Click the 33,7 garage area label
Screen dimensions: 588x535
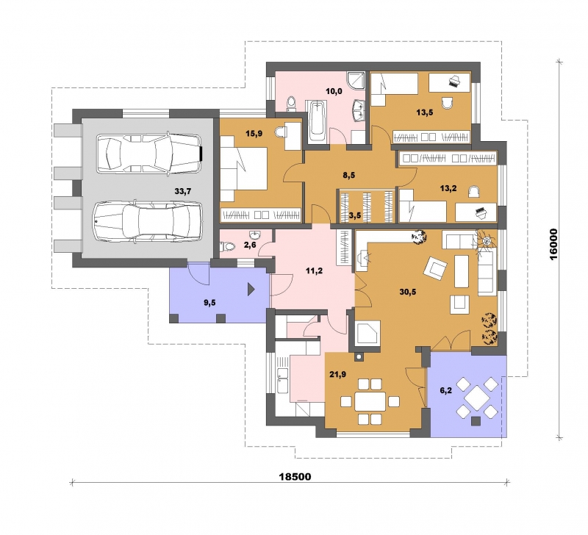[x=183, y=191]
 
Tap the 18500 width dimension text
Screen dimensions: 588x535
[x=295, y=477]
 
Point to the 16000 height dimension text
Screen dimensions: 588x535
[x=555, y=244]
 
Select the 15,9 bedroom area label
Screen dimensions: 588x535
[x=254, y=133]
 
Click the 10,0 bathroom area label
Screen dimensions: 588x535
[x=334, y=91]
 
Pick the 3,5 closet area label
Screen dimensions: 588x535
[x=355, y=215]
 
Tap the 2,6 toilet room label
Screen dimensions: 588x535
[x=250, y=245]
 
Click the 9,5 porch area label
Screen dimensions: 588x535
[x=209, y=303]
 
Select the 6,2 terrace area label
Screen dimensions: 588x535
[x=445, y=390]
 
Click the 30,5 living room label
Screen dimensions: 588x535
[x=408, y=292]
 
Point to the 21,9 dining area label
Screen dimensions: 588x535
[x=338, y=374]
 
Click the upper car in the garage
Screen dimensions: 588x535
[x=149, y=154]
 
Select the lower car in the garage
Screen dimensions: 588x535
[x=148, y=222]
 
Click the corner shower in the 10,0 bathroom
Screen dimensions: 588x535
[x=356, y=81]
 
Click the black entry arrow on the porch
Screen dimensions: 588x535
[x=251, y=290]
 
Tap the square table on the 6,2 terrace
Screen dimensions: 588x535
[x=477, y=398]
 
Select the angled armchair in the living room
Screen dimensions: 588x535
[x=435, y=268]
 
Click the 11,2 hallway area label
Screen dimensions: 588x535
[x=315, y=270]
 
